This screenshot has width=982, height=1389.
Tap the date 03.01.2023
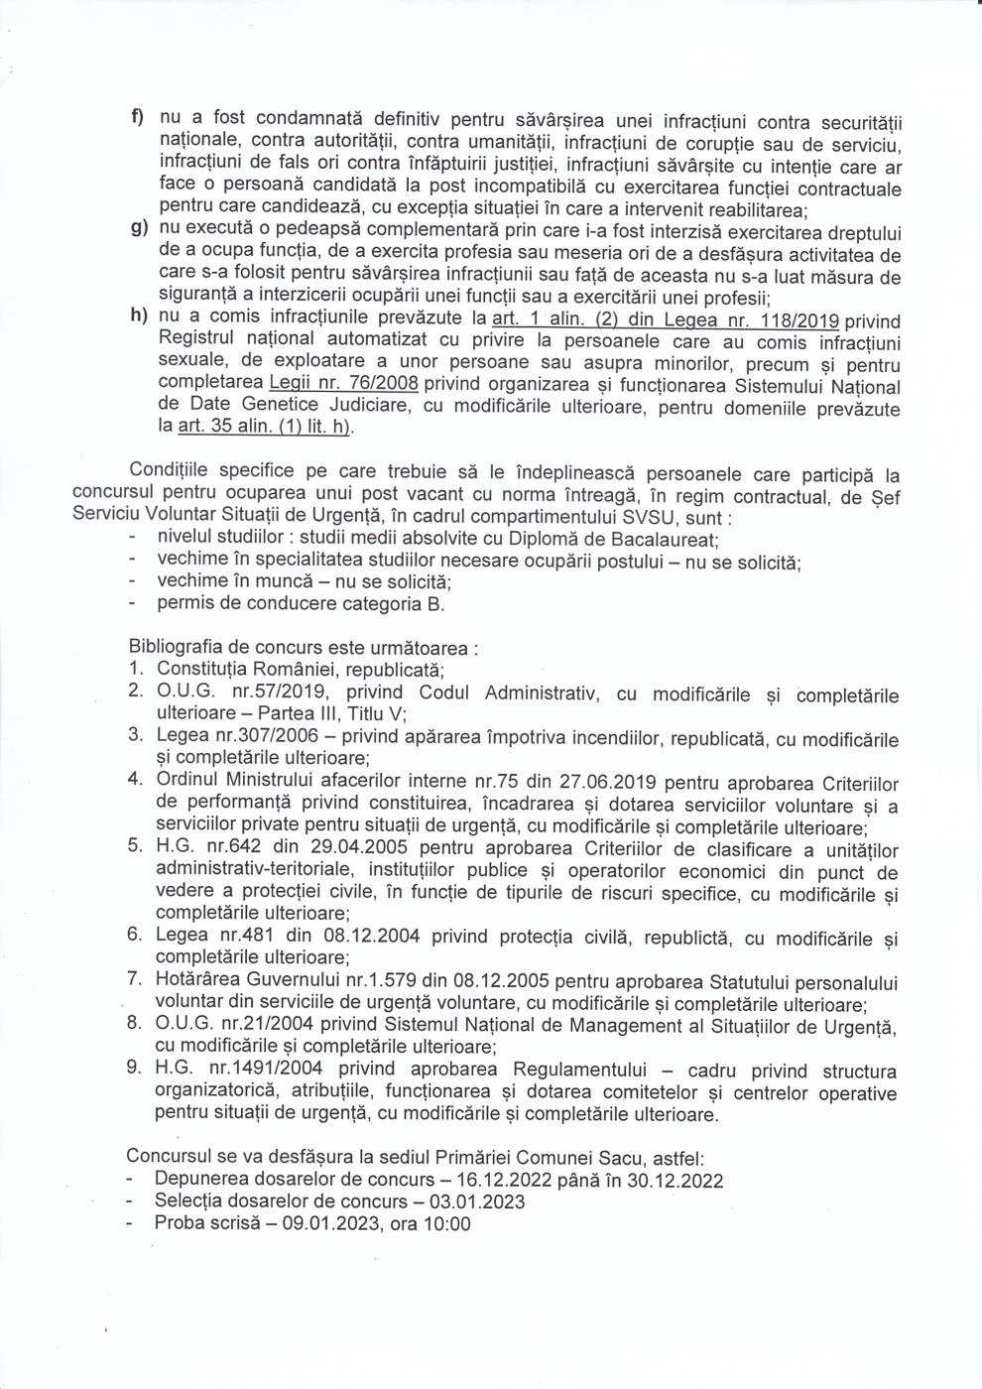(x=472, y=1202)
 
